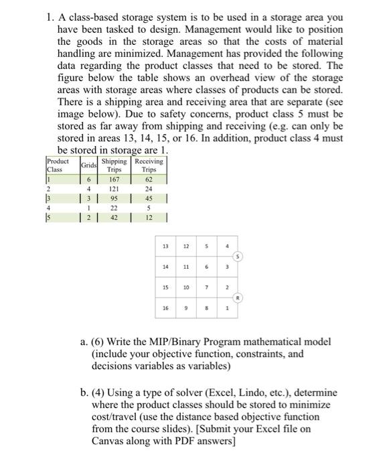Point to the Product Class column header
point(58,165)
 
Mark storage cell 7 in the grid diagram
point(207,287)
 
